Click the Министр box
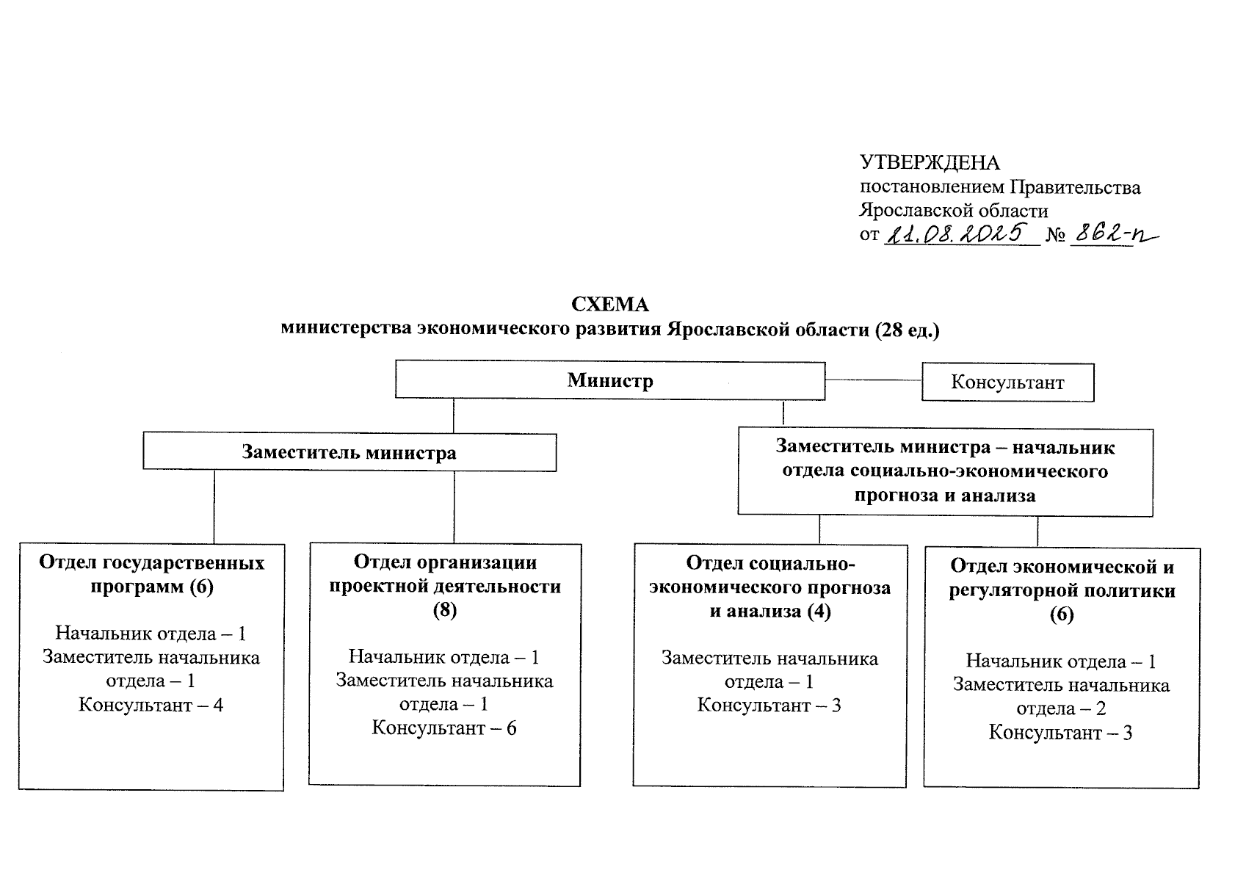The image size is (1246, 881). pyautogui.click(x=609, y=380)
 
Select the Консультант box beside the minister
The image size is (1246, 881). pyautogui.click(x=1007, y=383)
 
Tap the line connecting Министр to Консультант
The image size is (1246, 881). pyautogui.click(x=874, y=380)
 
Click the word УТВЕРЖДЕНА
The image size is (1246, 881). pyautogui.click(x=930, y=163)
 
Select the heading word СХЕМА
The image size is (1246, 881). pyautogui.click(x=610, y=305)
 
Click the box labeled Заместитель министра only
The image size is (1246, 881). pyautogui.click(x=349, y=452)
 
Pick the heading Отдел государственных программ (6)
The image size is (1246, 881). pyautogui.click(x=151, y=574)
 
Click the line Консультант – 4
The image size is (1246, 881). pyautogui.click(x=151, y=706)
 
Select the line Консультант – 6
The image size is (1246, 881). pyautogui.click(x=444, y=728)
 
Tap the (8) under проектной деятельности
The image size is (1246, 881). pyautogui.click(x=444, y=610)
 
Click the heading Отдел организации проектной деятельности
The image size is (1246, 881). pyautogui.click(x=445, y=574)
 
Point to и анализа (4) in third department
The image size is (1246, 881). pyautogui.click(x=769, y=611)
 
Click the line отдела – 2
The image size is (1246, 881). pyautogui.click(x=1061, y=709)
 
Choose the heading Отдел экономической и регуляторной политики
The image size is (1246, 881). pyautogui.click(x=1062, y=579)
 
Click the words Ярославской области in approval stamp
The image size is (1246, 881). pyautogui.click(x=954, y=211)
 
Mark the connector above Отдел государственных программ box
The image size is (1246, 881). pyautogui.click(x=214, y=507)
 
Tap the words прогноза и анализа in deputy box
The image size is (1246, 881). pyautogui.click(x=945, y=496)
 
